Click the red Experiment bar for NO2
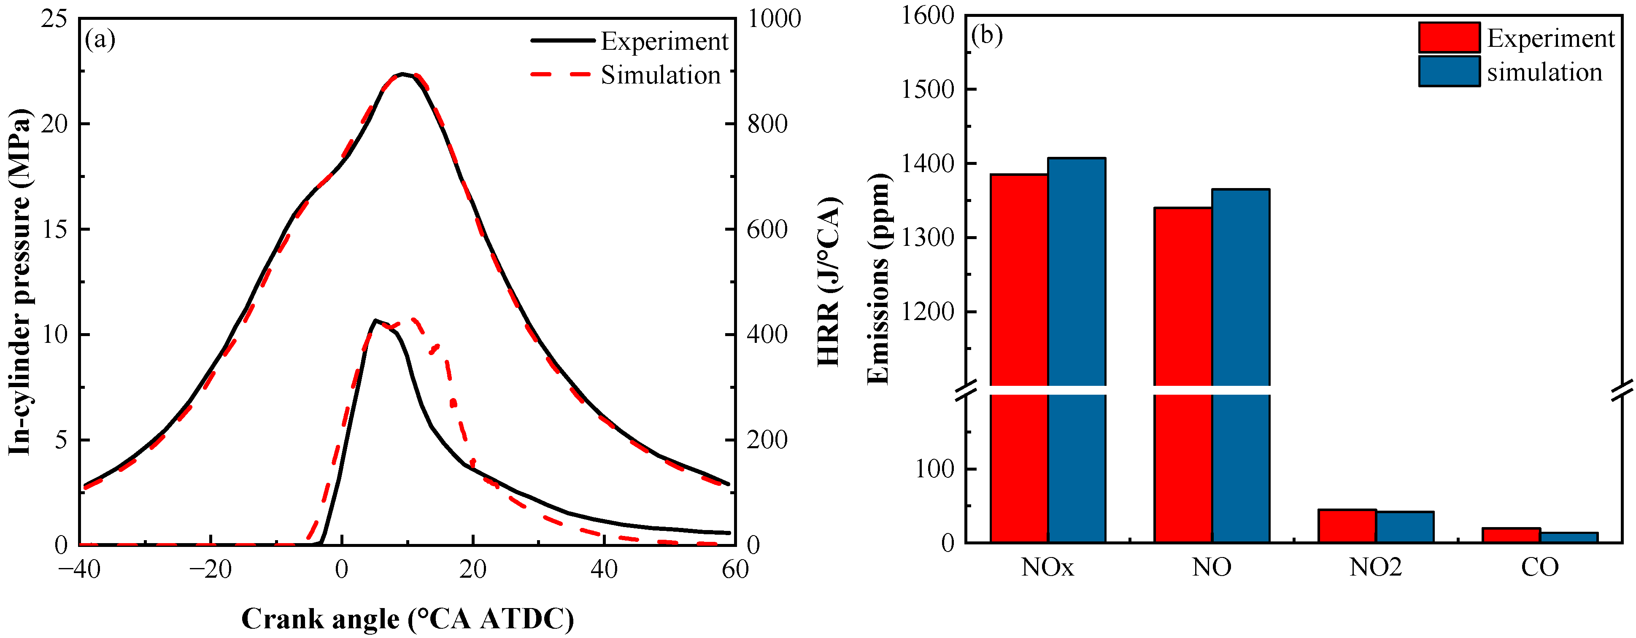pos(1347,526)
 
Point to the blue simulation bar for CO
pos(1569,537)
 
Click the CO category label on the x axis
pos(1539,567)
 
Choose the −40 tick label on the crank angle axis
pos(79,569)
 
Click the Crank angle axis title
pos(407,618)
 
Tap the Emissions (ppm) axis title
pos(878,279)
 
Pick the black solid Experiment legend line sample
pos(563,40)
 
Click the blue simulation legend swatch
pos(1449,72)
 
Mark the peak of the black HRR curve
pos(375,320)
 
